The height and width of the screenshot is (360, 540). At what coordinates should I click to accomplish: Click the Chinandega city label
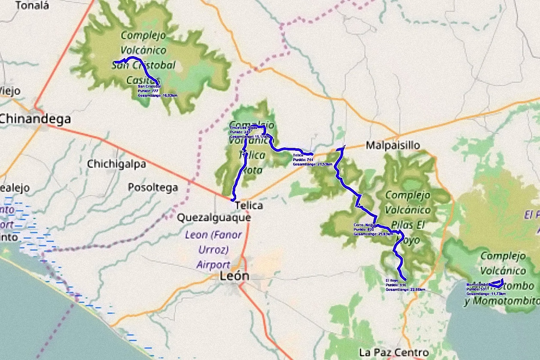(35, 119)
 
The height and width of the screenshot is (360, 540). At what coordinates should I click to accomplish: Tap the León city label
(234, 276)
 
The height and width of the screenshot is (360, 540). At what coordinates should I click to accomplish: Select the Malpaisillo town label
(393, 146)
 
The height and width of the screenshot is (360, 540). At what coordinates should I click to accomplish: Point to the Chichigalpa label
(116, 164)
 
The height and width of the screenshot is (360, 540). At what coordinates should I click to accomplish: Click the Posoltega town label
(153, 187)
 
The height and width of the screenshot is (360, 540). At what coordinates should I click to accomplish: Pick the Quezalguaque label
(214, 218)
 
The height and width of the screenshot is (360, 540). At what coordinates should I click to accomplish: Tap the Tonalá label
(32, 6)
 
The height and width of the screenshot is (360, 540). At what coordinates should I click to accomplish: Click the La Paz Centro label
(394, 352)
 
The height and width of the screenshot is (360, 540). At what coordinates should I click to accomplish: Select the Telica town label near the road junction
(249, 206)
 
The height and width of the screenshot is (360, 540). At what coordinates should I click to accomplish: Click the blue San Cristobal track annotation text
(157, 91)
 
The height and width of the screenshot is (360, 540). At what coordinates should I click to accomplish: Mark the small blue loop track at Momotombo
(497, 283)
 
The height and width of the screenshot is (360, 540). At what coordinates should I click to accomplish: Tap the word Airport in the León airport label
(213, 264)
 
